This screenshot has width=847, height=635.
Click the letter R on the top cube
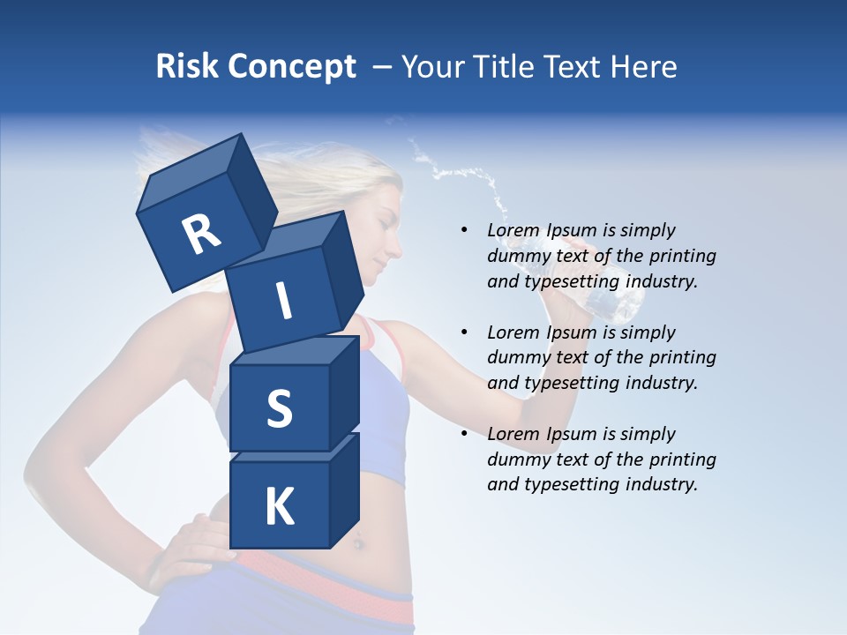tap(201, 235)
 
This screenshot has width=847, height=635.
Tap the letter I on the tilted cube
tap(283, 301)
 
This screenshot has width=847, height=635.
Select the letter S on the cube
tap(279, 408)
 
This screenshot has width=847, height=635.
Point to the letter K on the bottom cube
tap(279, 507)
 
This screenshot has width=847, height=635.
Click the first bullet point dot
tap(464, 230)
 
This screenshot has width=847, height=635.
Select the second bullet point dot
tap(464, 332)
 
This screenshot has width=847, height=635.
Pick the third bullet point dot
tap(464, 434)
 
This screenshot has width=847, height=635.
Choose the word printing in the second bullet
tap(682, 357)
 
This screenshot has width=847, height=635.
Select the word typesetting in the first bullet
tap(570, 281)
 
